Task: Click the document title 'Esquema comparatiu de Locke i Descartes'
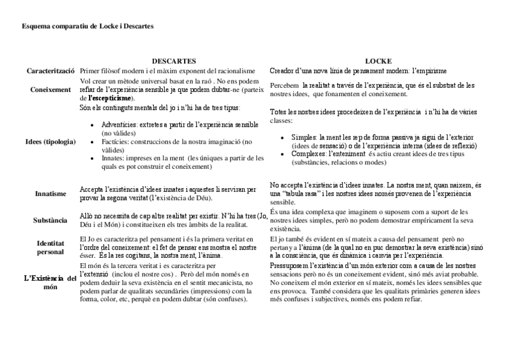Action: coord(87,26)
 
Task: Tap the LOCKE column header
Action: coord(378,61)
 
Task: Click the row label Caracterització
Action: coord(51,71)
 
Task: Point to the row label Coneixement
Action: coord(51,90)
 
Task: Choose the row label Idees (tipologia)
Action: coord(51,142)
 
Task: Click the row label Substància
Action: coord(51,220)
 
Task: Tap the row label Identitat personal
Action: coord(51,248)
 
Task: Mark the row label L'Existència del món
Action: coord(51,282)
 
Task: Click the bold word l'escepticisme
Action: coord(111,98)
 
